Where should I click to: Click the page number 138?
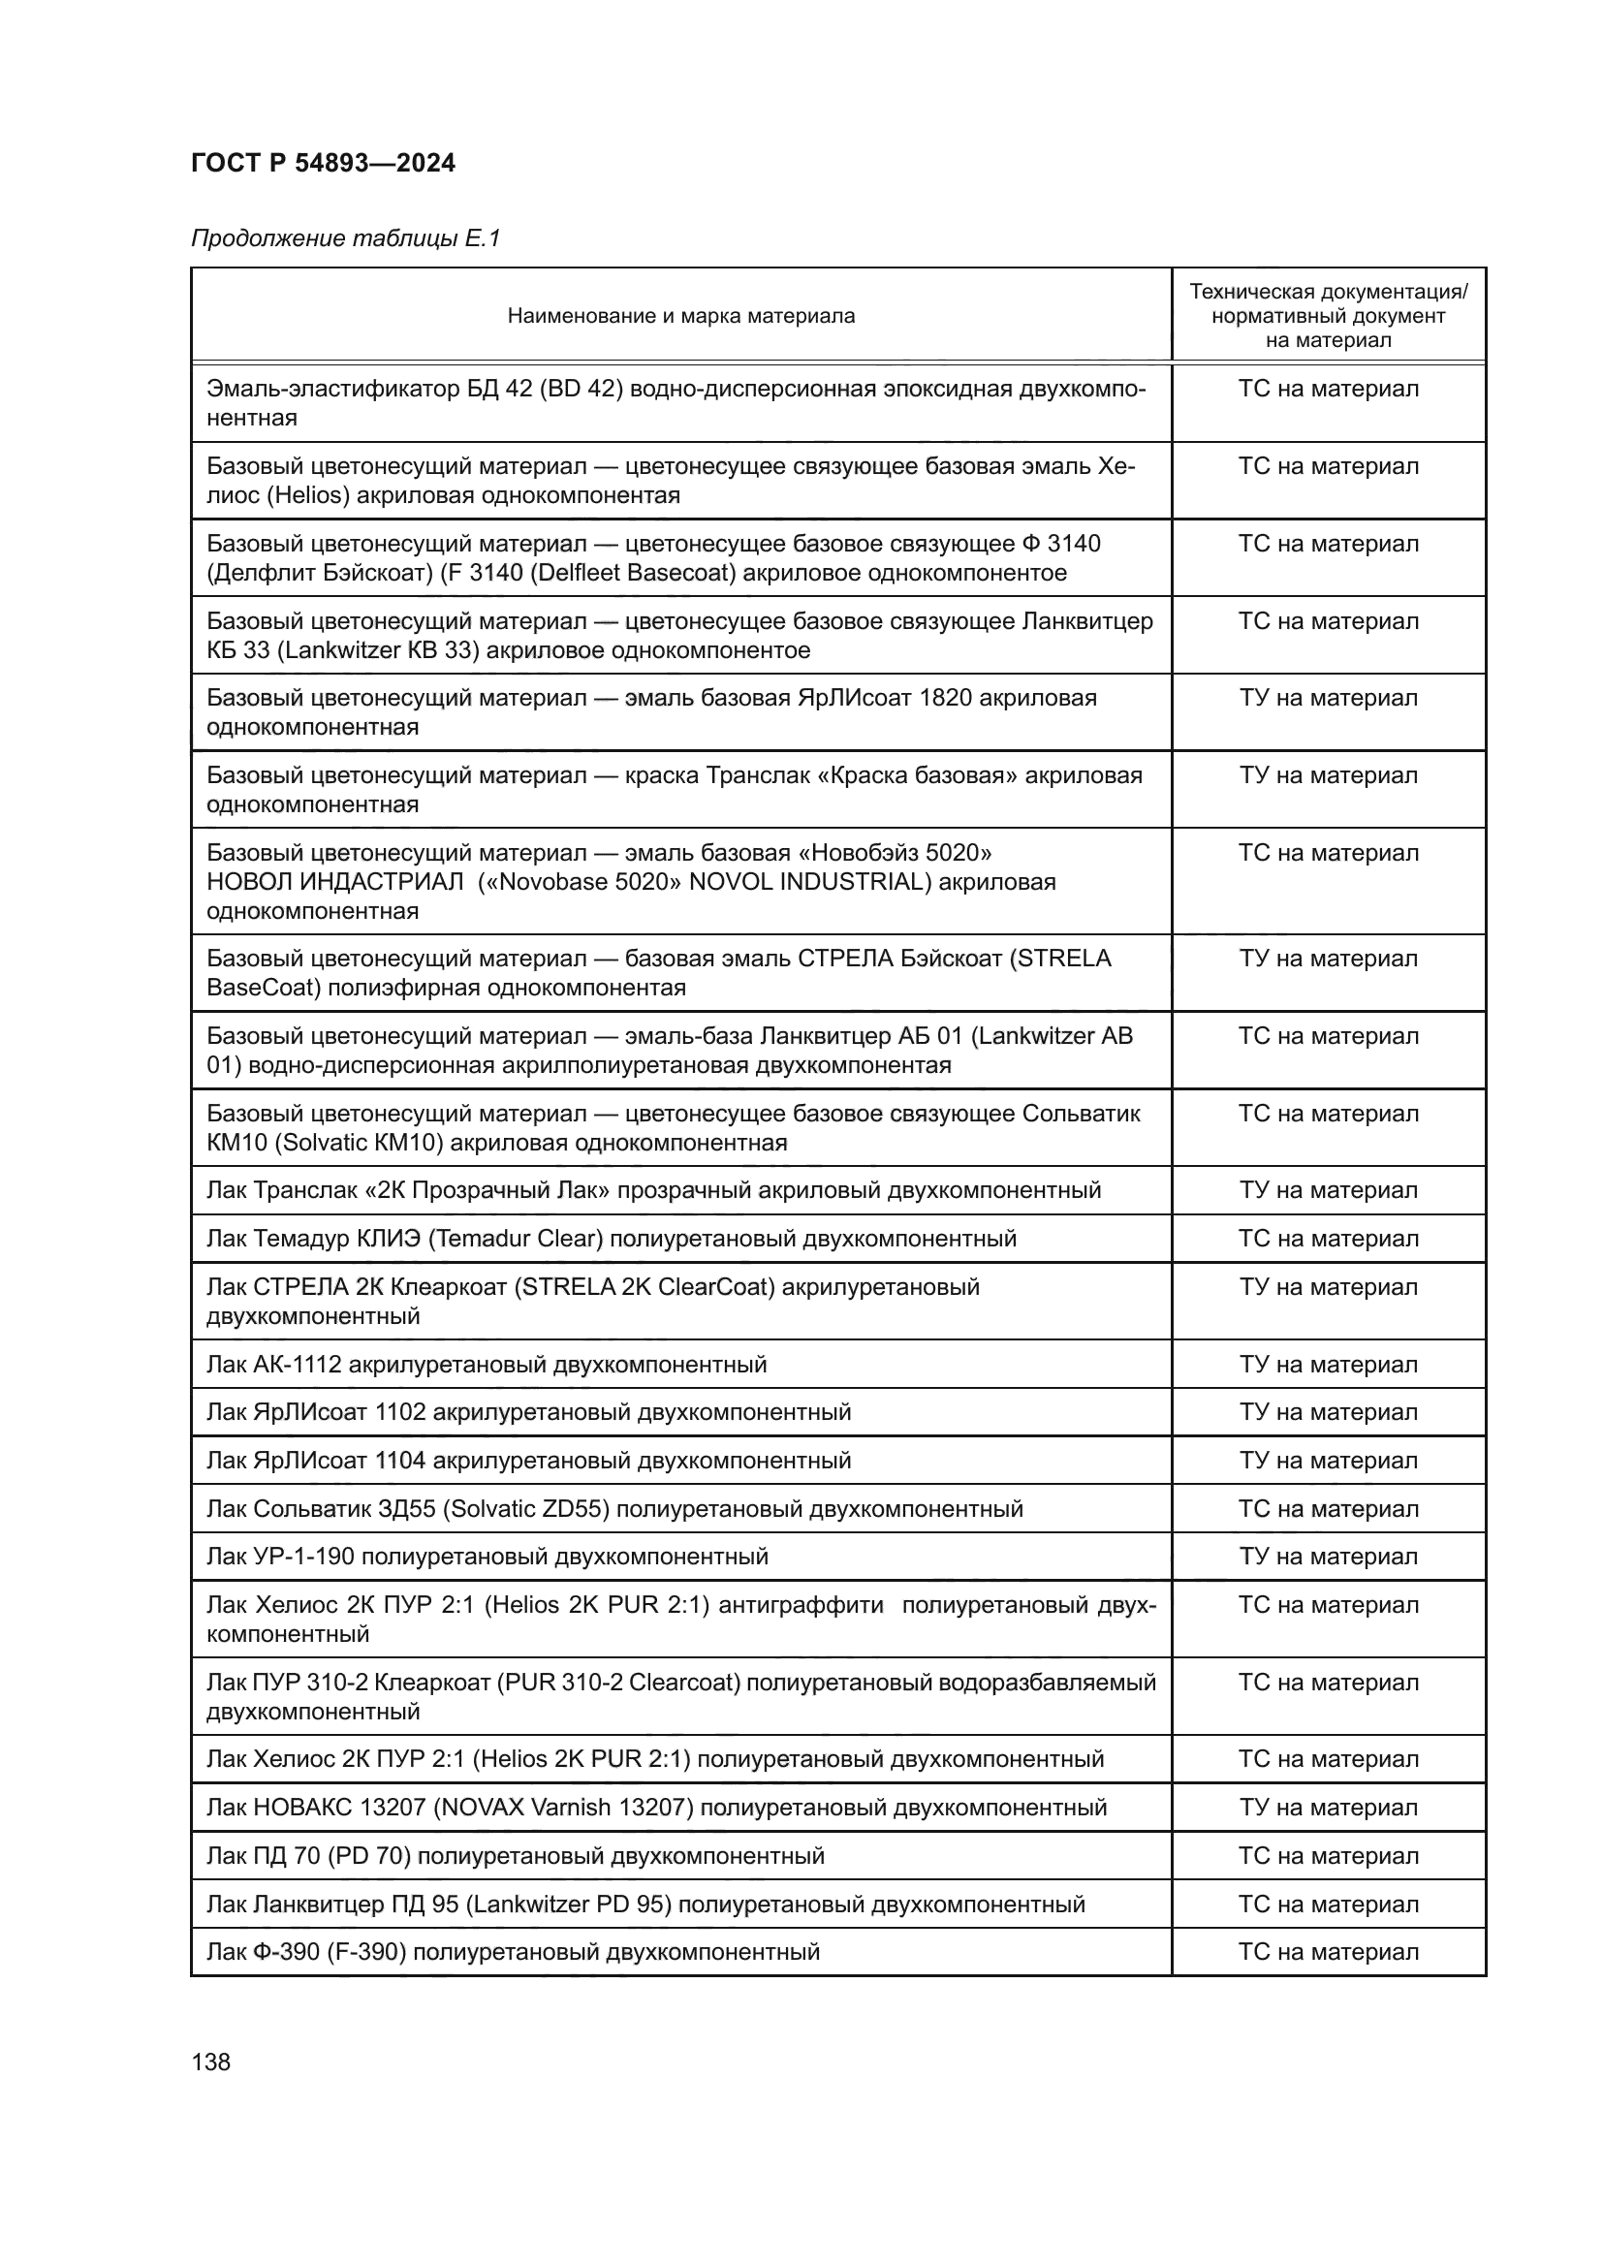point(210,2062)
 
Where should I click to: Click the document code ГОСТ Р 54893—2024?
point(323,164)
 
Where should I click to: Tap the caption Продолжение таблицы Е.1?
point(345,239)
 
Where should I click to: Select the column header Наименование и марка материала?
point(680,316)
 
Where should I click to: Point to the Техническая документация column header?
point(1328,316)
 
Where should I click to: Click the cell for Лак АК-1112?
point(486,1365)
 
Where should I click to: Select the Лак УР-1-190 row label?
point(487,1558)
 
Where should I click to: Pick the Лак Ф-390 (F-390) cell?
point(513,1952)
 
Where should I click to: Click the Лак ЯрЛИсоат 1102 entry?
point(528,1412)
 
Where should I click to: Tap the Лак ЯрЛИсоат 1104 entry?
point(528,1461)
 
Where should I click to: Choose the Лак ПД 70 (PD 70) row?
point(515,1856)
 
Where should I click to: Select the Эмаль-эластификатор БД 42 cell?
point(676,403)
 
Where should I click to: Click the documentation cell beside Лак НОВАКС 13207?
point(1328,1808)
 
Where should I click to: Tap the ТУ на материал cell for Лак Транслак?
point(1328,1191)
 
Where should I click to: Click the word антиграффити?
point(801,1605)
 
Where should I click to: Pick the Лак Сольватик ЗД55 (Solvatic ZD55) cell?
point(613,1509)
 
